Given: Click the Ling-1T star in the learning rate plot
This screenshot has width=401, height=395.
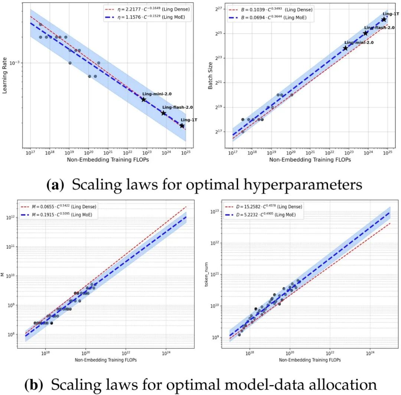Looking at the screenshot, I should (x=182, y=126).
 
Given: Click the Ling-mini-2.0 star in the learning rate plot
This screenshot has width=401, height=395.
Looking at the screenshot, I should (x=143, y=99).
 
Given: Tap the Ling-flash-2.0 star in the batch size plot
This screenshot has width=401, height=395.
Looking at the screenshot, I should (x=365, y=33).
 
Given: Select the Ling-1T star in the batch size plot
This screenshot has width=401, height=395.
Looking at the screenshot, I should (x=384, y=19).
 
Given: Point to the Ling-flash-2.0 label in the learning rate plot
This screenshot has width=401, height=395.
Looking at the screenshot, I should (x=177, y=107).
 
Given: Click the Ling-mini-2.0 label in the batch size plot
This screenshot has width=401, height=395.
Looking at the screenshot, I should (x=359, y=43).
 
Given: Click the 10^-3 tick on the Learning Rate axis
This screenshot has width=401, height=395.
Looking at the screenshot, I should (x=14, y=63).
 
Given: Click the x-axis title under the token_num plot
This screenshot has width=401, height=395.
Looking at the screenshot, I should (x=310, y=360).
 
